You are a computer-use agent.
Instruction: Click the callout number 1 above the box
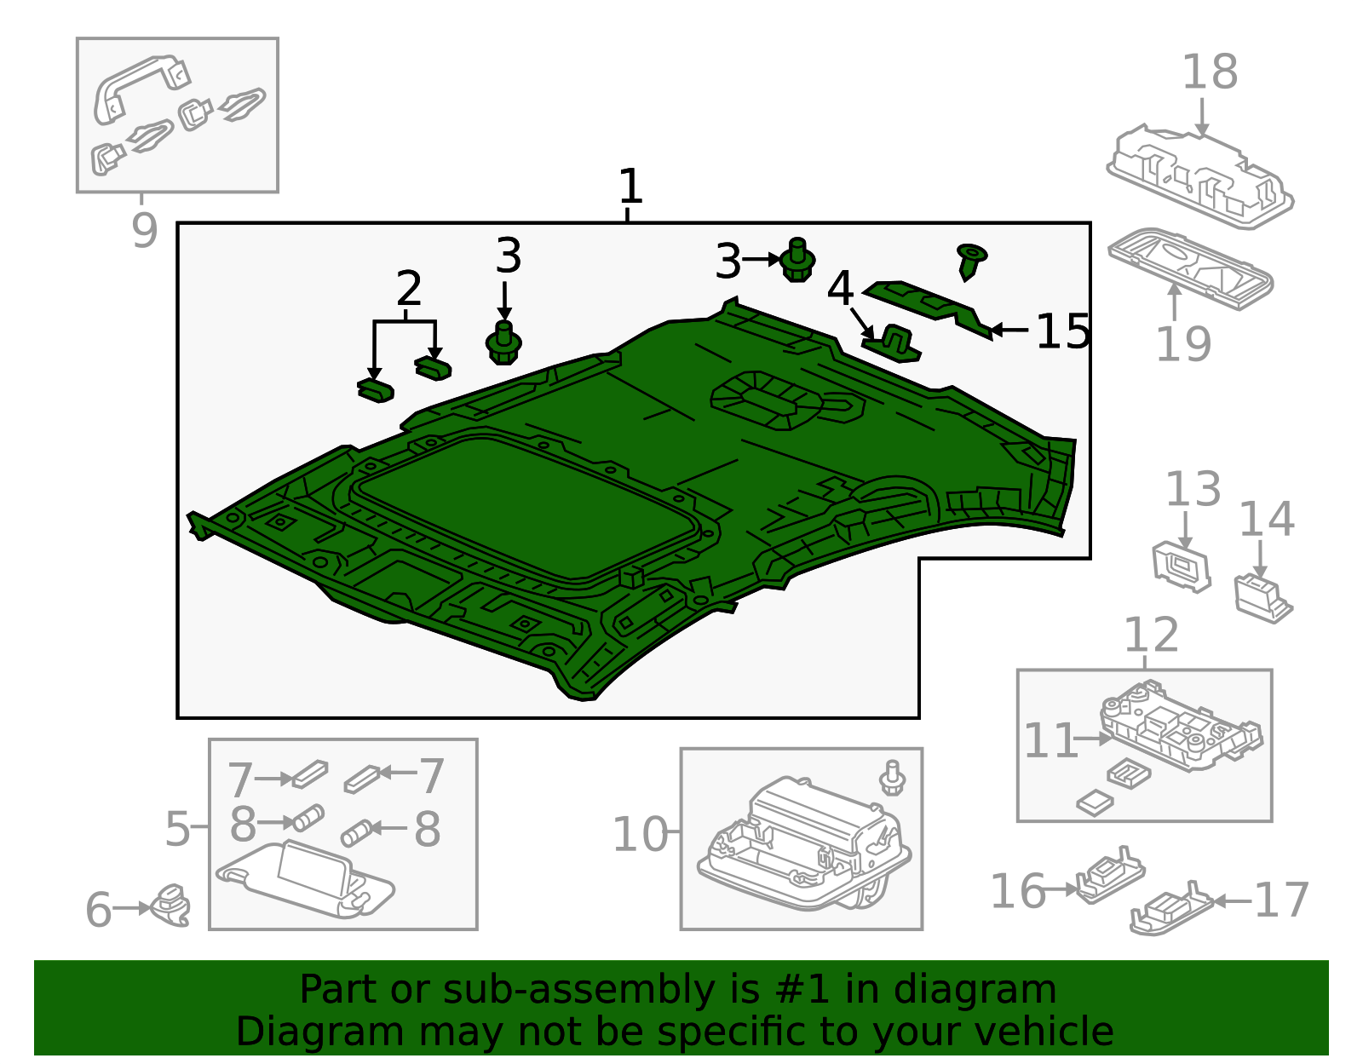[x=630, y=187]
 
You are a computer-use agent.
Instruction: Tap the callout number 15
[x=1062, y=331]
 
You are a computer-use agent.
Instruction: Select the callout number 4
[x=840, y=288]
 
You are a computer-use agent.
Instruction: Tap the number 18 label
[x=1209, y=72]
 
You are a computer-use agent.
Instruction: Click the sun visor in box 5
[x=307, y=877]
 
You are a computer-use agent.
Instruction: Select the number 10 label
[x=640, y=834]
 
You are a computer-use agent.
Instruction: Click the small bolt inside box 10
[x=892, y=777]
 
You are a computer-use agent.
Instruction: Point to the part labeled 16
[x=1109, y=875]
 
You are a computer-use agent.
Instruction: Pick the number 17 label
[x=1280, y=900]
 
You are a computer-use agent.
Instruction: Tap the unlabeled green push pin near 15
[x=970, y=260]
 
